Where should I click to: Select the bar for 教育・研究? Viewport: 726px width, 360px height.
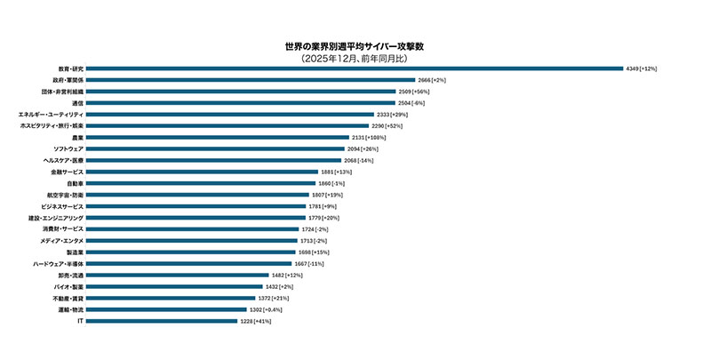(x=355, y=68)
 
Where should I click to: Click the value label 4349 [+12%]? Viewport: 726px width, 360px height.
(x=642, y=68)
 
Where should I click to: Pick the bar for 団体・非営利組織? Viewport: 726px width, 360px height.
(x=241, y=92)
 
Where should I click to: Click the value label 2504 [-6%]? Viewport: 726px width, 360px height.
(x=411, y=103)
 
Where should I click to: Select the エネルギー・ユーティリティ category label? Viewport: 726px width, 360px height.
(x=52, y=115)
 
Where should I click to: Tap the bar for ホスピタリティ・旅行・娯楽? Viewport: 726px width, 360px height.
(x=227, y=126)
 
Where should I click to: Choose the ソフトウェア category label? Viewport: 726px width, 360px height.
(x=68, y=148)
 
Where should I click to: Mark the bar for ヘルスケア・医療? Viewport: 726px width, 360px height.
(x=213, y=160)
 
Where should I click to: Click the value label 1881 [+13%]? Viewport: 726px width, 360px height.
(x=337, y=172)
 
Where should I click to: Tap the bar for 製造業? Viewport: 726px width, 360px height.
(x=190, y=252)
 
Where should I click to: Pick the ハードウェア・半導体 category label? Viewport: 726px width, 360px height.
(x=59, y=263)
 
